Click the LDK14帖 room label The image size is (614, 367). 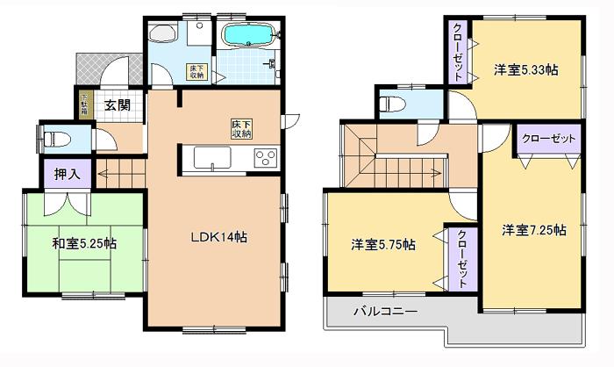click(218, 236)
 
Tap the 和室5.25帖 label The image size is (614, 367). click(85, 243)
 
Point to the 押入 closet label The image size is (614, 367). click(67, 174)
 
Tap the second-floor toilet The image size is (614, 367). click(392, 103)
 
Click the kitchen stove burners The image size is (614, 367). click(265, 158)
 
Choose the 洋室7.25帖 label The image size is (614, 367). click(533, 230)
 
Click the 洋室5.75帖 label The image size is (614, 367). click(384, 245)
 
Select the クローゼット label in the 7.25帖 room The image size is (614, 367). click(549, 139)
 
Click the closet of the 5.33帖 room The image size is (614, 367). click(459, 53)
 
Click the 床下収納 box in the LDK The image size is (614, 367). click(242, 128)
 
